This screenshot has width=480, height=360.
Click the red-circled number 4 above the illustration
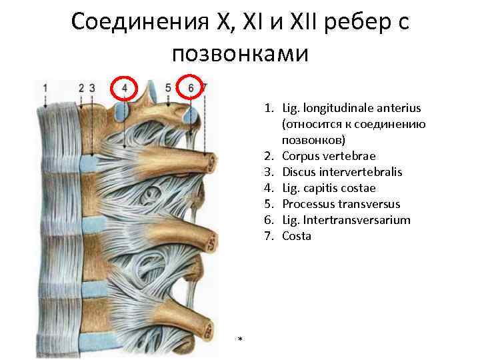[x=125, y=88]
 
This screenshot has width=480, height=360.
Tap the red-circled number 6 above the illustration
[x=191, y=87]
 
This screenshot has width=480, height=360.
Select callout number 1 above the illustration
[x=45, y=87]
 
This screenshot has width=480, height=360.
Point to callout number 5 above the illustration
[x=168, y=87]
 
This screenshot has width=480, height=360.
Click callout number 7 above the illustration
[x=204, y=87]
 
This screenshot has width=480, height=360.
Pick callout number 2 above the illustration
[x=81, y=87]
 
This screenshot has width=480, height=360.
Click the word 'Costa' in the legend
[x=297, y=236]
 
